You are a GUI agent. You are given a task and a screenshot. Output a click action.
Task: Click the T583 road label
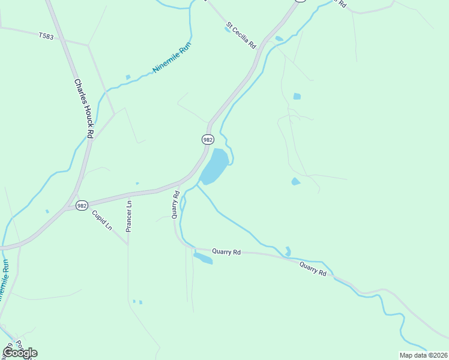pyautogui.click(x=46, y=36)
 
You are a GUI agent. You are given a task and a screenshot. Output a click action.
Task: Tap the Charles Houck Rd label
pyautogui.click(x=83, y=109)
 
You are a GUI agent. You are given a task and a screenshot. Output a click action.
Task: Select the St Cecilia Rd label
pyautogui.click(x=241, y=35)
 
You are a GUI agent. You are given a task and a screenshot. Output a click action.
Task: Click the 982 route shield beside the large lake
pyautogui.click(x=207, y=139)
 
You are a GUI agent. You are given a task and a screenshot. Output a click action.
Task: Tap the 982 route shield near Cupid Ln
pyautogui.click(x=82, y=205)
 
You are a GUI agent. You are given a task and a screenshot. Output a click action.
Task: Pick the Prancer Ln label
pyautogui.click(x=128, y=215)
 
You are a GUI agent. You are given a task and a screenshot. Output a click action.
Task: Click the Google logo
pyautogui.click(x=20, y=353)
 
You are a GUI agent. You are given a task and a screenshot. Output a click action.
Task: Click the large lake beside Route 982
pyautogui.click(x=214, y=166)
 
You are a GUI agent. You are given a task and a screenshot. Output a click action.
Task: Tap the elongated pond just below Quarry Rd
pyautogui.click(x=203, y=258)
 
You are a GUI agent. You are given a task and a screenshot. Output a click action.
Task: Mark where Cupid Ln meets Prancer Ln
pyautogui.click(x=127, y=245)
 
